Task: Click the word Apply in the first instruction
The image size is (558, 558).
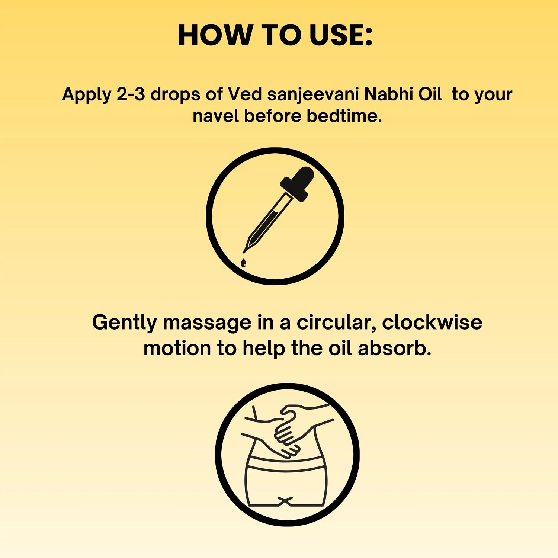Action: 87,95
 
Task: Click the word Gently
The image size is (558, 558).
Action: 125,323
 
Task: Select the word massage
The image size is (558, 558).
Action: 207,323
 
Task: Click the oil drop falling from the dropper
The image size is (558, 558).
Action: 243,263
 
